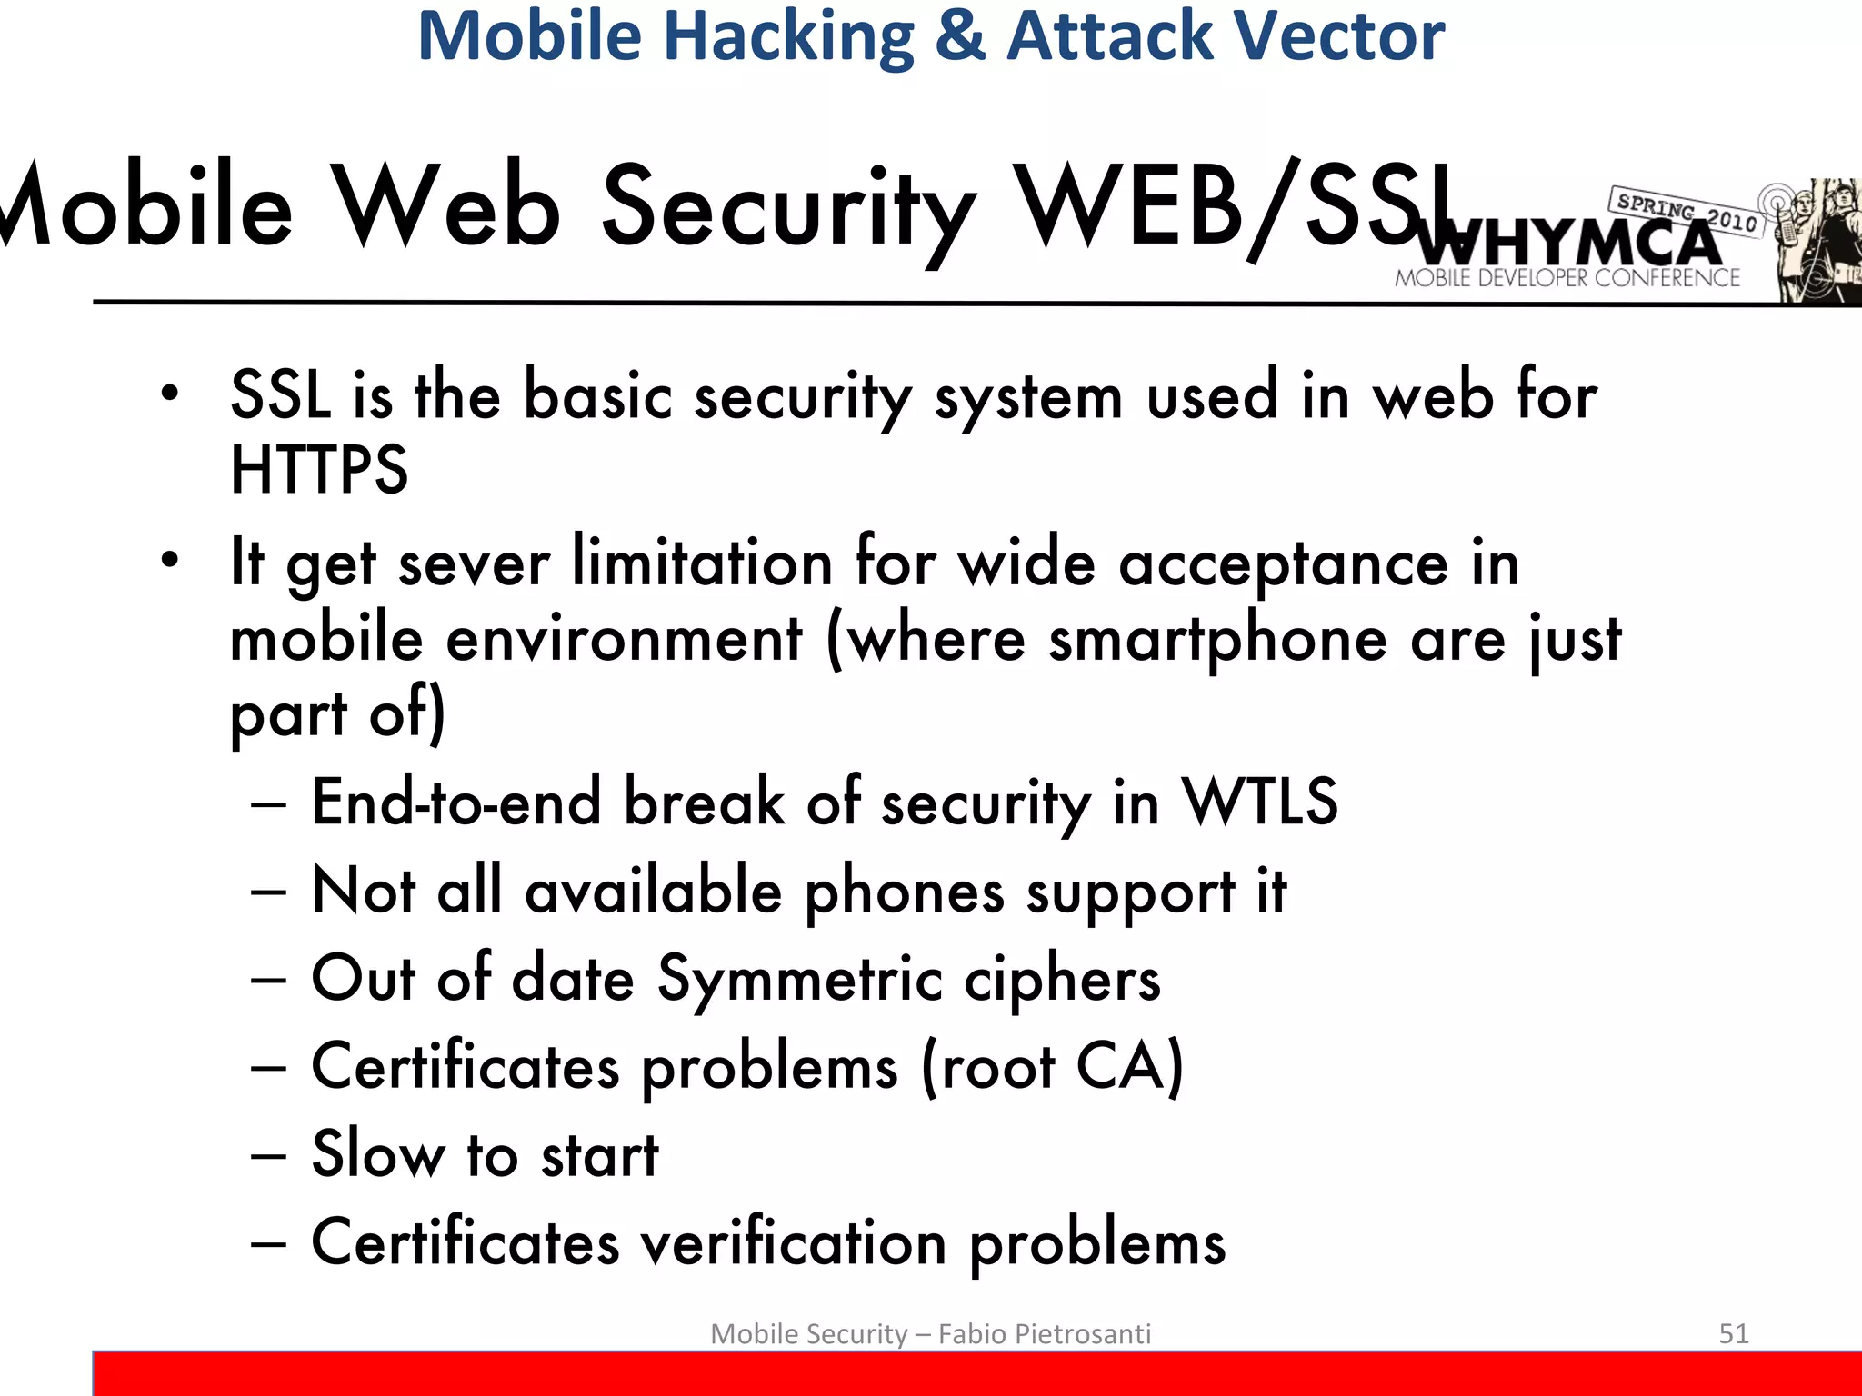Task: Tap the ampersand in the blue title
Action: pyautogui.click(x=960, y=36)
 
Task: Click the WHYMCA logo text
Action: pyautogui.click(x=1567, y=244)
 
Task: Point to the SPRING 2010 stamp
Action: pyautogui.click(x=1687, y=211)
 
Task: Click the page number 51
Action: pyautogui.click(x=1733, y=1333)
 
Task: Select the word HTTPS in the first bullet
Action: pyautogui.click(x=319, y=470)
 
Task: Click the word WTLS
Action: pyautogui.click(x=1259, y=802)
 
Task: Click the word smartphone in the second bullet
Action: pyautogui.click(x=1218, y=639)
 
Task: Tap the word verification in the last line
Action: pyautogui.click(x=794, y=1243)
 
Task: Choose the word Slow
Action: pyautogui.click(x=378, y=1154)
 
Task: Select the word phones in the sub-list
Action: pyautogui.click(x=905, y=891)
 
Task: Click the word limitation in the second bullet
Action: pyautogui.click(x=702, y=563)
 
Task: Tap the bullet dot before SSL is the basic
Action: pyautogui.click(x=169, y=394)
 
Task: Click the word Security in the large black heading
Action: pyautogui.click(x=788, y=207)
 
